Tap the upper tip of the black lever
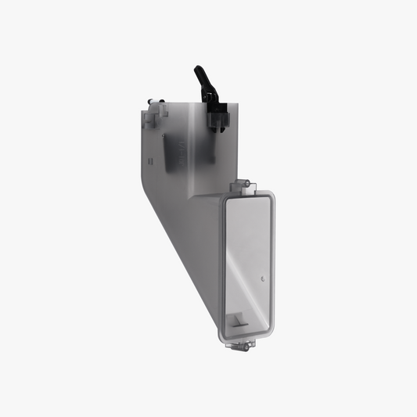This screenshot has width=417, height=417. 196,69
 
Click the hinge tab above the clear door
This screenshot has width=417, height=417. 248,185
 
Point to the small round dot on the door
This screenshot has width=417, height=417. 263,278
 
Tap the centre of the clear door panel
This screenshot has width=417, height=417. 246,262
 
